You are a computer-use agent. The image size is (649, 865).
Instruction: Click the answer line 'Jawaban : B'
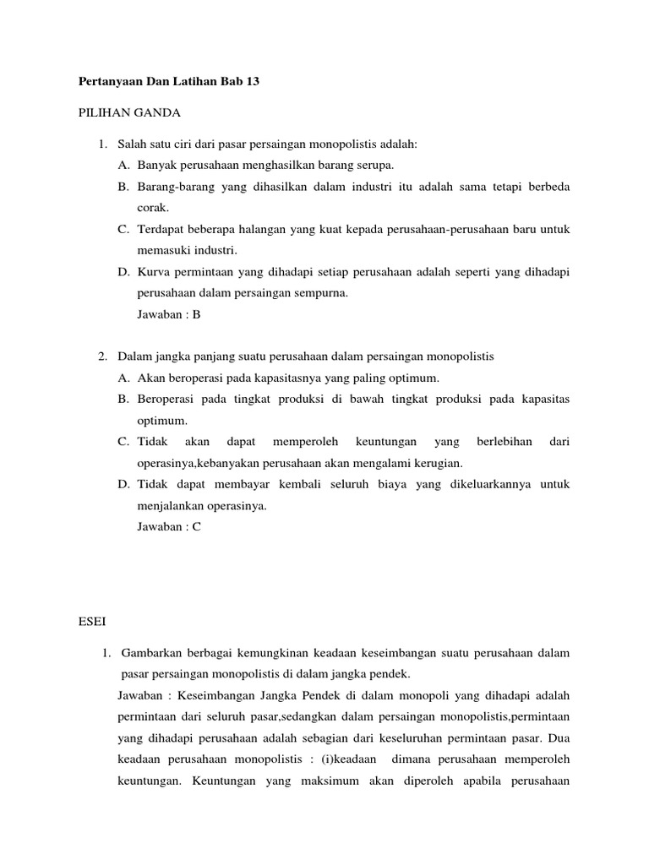click(x=169, y=314)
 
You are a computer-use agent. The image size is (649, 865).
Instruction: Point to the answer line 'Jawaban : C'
click(x=169, y=526)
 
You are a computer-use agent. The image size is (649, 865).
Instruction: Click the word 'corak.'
click(x=154, y=206)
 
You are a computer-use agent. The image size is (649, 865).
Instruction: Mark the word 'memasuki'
click(x=161, y=250)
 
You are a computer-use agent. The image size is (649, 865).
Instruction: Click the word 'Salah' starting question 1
click(x=132, y=144)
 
